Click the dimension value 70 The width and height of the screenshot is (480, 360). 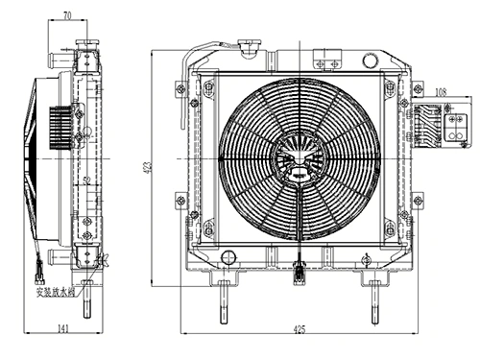(66, 16)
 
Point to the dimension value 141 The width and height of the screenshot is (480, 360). (62, 330)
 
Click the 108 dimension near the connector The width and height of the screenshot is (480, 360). (441, 92)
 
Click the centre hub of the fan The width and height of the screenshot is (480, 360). (295, 160)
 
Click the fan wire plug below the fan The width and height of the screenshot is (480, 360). (300, 273)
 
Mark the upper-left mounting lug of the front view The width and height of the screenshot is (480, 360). (181, 91)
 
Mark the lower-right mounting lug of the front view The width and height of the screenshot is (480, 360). (416, 201)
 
